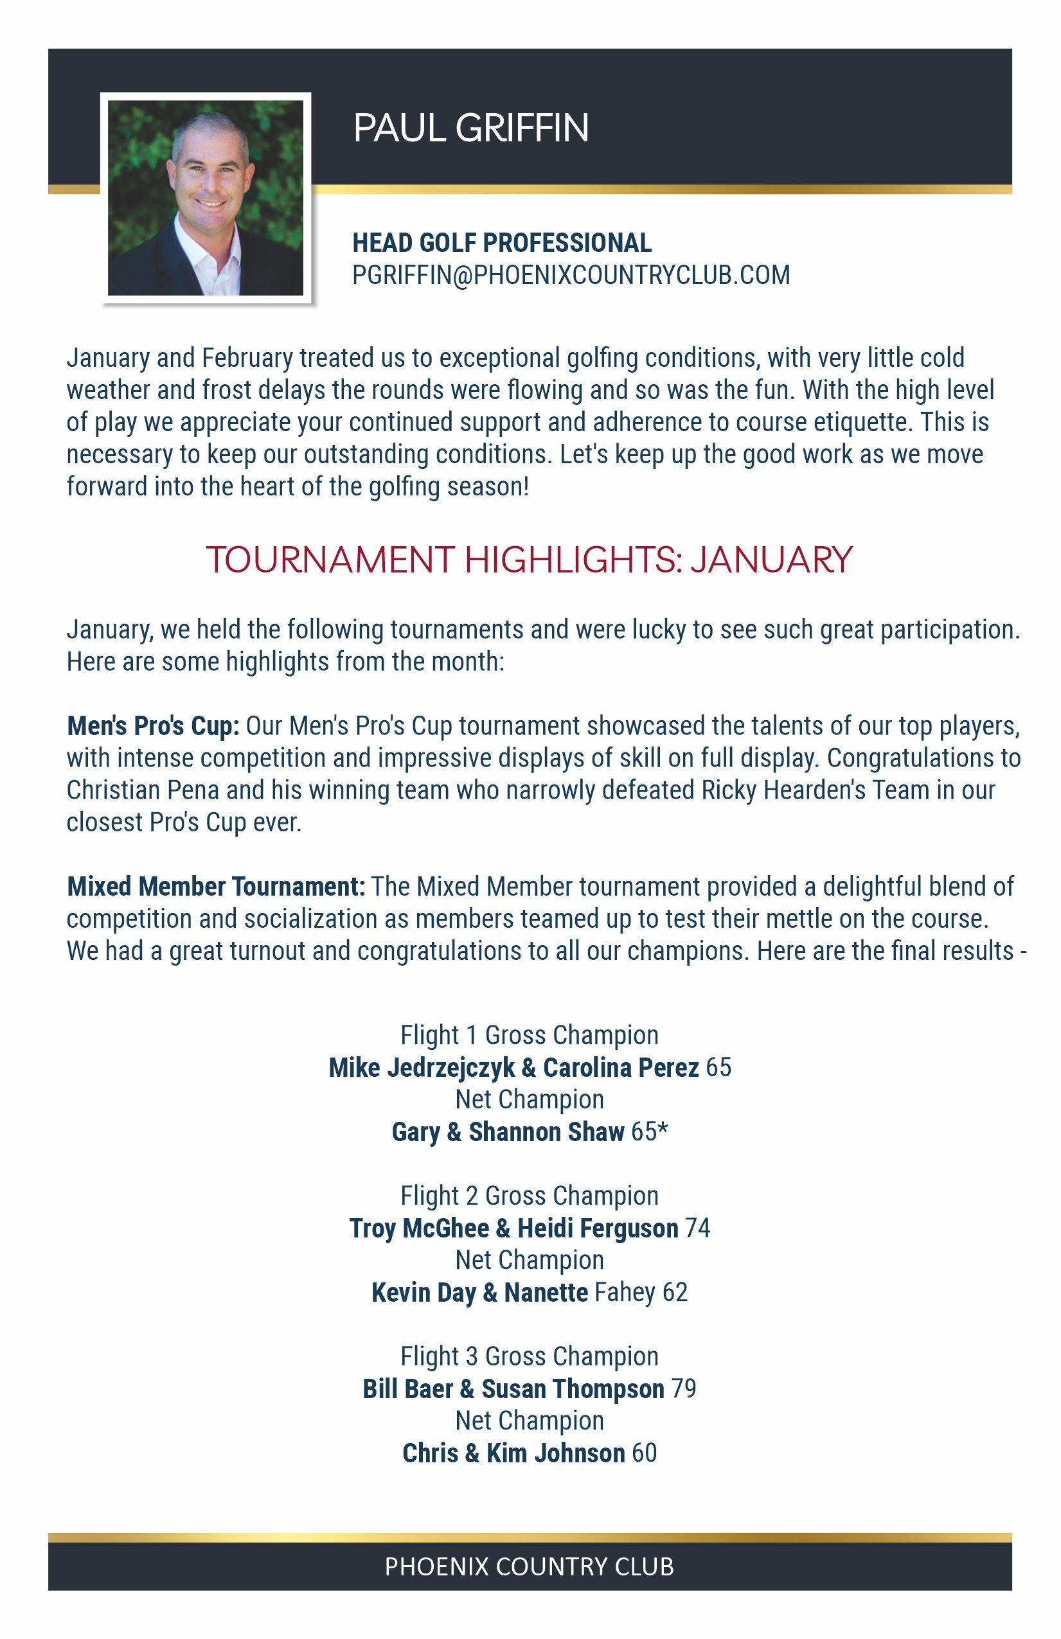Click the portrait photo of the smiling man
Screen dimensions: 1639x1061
pyautogui.click(x=205, y=199)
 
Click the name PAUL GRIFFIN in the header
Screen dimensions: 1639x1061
pyautogui.click(x=471, y=128)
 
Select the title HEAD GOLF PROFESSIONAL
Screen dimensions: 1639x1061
pyautogui.click(x=501, y=242)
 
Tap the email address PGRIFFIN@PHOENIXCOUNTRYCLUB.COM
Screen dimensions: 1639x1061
pyautogui.click(x=571, y=275)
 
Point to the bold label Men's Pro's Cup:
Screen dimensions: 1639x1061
pyautogui.click(x=153, y=725)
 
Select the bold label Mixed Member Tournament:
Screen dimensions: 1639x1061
pyautogui.click(x=216, y=886)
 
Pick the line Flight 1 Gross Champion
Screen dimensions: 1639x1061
pyautogui.click(x=529, y=1035)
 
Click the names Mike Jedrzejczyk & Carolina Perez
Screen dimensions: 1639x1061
pyautogui.click(x=513, y=1067)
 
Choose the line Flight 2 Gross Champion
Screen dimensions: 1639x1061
pyautogui.click(x=529, y=1196)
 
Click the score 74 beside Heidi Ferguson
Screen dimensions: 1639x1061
pyautogui.click(x=697, y=1228)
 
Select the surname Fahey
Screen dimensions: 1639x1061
pyautogui.click(x=624, y=1293)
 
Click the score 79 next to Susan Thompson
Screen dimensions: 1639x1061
pyautogui.click(x=684, y=1389)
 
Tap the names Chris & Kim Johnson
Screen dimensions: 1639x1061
pyautogui.click(x=513, y=1453)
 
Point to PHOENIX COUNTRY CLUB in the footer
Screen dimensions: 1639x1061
pyautogui.click(x=529, y=1566)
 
